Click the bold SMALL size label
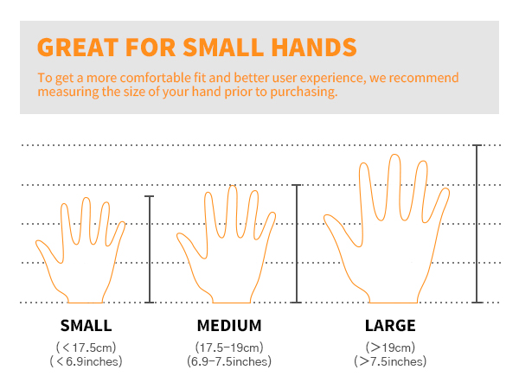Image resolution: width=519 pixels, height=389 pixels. click(86, 327)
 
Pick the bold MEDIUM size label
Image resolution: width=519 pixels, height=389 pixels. click(229, 327)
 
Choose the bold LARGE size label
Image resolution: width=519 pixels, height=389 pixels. click(390, 327)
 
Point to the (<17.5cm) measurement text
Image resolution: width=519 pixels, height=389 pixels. click(86, 348)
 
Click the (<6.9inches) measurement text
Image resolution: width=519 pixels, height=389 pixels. click(86, 361)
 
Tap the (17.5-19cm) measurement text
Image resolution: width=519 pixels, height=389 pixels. click(229, 348)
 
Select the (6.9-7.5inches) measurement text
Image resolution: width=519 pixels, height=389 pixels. click(229, 361)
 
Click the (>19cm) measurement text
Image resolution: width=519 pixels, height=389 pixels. click(390, 348)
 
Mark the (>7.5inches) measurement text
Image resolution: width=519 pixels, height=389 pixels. click(390, 361)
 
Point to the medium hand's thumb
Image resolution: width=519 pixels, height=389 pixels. click(187, 246)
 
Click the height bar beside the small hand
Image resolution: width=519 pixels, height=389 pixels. click(150, 249)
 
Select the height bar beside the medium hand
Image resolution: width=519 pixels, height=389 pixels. click(297, 243)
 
